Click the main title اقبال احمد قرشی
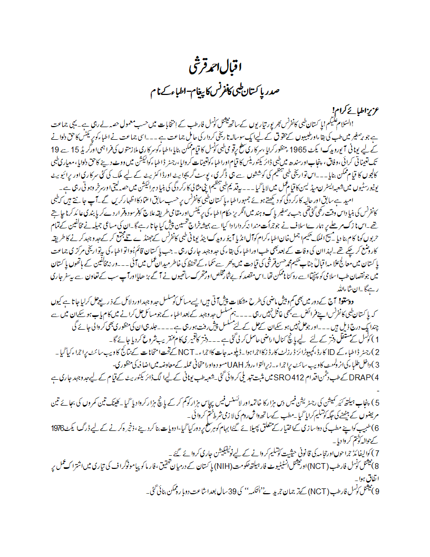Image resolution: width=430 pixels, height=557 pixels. click(215, 68)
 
